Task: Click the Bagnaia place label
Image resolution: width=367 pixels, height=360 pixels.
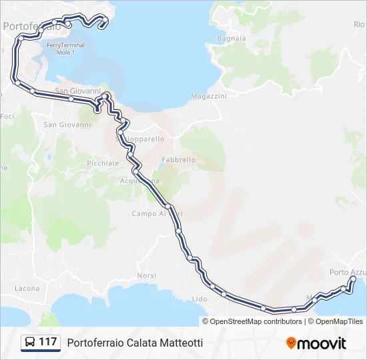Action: point(232,39)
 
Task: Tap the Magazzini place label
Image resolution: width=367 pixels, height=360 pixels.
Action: point(209,97)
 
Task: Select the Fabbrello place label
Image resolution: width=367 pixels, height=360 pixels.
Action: point(179,160)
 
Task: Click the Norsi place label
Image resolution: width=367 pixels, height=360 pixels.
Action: point(146,276)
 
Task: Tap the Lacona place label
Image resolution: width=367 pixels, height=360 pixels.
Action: point(27,289)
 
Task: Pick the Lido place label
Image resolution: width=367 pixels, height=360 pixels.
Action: point(200,299)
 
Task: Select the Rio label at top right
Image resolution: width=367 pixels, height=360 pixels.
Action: point(359,24)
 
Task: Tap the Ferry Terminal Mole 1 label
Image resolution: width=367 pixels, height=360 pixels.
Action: point(66,48)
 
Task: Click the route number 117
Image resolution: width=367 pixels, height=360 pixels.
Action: point(48,343)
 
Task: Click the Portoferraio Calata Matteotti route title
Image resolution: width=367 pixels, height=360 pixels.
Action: point(134,343)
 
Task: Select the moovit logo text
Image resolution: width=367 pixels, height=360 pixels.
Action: point(322,343)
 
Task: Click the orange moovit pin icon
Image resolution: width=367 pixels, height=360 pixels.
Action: point(291,343)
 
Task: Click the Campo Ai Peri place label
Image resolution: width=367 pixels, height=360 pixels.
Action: point(157,214)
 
